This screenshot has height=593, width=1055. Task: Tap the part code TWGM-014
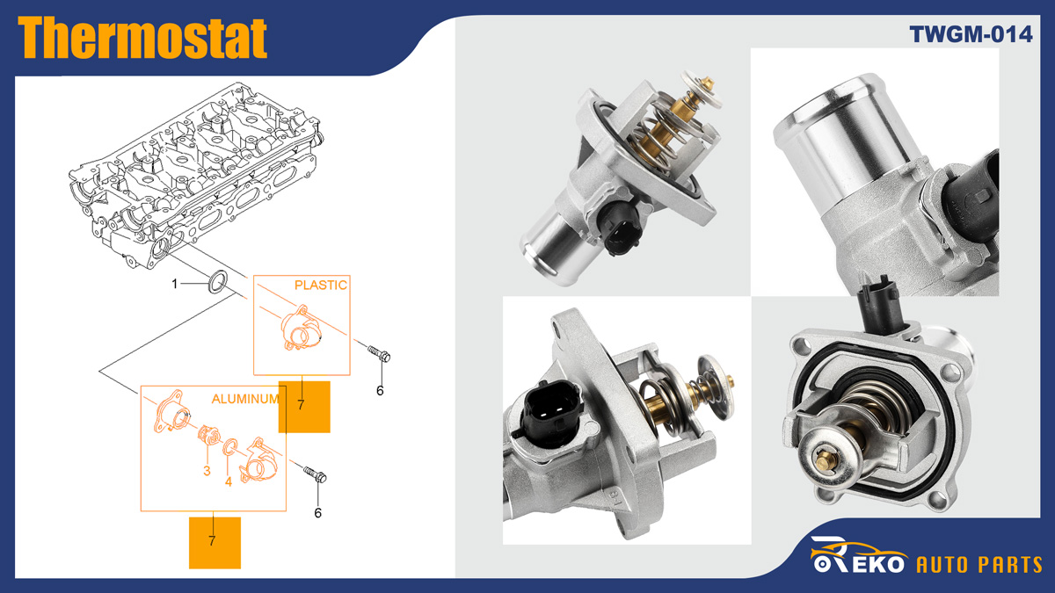click(971, 34)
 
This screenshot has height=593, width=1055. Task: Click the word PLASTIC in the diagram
click(320, 285)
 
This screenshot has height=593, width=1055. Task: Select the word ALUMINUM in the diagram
click(245, 399)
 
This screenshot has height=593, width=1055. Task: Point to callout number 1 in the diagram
click(175, 283)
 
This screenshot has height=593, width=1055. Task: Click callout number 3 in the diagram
click(207, 471)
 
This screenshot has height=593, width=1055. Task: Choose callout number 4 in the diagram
click(229, 481)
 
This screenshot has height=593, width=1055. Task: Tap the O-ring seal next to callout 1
click(217, 283)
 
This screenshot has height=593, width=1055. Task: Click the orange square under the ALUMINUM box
click(215, 542)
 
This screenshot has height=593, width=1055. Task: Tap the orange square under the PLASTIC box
click(304, 407)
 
